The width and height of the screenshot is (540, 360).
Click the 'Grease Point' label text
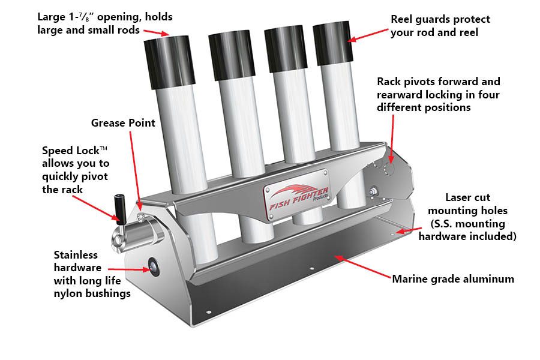[x=123, y=123]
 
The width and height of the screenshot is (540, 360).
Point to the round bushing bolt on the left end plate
[x=154, y=266]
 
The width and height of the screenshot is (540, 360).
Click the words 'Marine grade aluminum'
[x=453, y=279]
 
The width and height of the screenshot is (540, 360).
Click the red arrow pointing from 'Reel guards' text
[x=368, y=35]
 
